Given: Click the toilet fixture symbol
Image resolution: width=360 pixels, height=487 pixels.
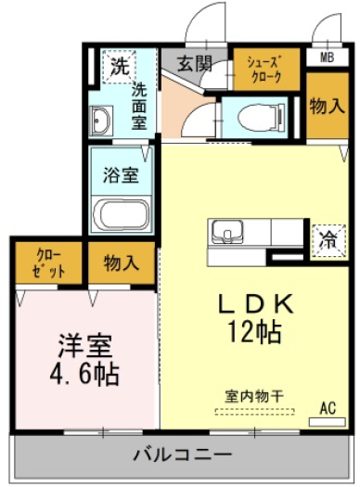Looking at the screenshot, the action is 261,118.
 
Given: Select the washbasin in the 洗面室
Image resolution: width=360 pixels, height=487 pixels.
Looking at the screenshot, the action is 100,121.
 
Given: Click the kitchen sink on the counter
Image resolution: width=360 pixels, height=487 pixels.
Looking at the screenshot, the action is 226,232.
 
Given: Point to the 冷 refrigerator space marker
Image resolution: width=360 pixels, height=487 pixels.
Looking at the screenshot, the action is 328,240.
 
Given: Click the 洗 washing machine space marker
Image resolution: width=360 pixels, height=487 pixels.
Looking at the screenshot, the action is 120,66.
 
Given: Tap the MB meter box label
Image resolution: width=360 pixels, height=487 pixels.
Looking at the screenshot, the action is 327,58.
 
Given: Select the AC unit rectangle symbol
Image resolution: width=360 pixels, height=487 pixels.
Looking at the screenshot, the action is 327,422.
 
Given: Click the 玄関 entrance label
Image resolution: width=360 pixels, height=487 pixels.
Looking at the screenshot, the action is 195,63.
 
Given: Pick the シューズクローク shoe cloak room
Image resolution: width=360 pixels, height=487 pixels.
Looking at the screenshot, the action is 266,69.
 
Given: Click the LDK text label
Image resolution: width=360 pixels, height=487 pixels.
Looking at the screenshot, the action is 255,303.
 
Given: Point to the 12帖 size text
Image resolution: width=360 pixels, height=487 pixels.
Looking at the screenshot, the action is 255,331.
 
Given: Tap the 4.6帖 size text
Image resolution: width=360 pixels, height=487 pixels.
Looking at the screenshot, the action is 84,374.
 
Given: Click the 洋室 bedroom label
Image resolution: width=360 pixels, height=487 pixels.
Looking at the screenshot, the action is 84,346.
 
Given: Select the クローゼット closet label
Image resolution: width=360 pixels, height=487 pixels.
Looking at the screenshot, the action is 49,263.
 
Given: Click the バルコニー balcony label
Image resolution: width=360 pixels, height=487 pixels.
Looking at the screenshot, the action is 183,455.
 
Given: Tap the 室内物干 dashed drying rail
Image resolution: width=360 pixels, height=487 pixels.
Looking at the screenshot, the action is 255,412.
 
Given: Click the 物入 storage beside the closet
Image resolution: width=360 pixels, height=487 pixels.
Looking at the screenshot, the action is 122,263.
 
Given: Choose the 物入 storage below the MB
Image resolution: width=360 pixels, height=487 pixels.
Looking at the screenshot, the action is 328,106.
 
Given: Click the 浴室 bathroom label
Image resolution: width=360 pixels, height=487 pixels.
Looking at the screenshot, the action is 121,175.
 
